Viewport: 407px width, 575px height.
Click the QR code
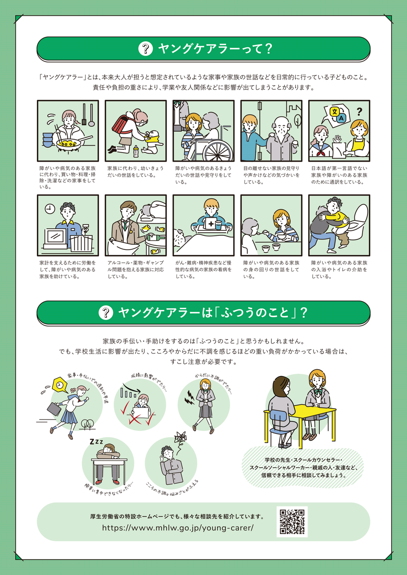292,522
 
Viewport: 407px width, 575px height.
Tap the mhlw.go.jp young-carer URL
178,527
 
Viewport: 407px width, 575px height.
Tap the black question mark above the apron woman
359,111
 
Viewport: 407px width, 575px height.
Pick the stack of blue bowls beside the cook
48,139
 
